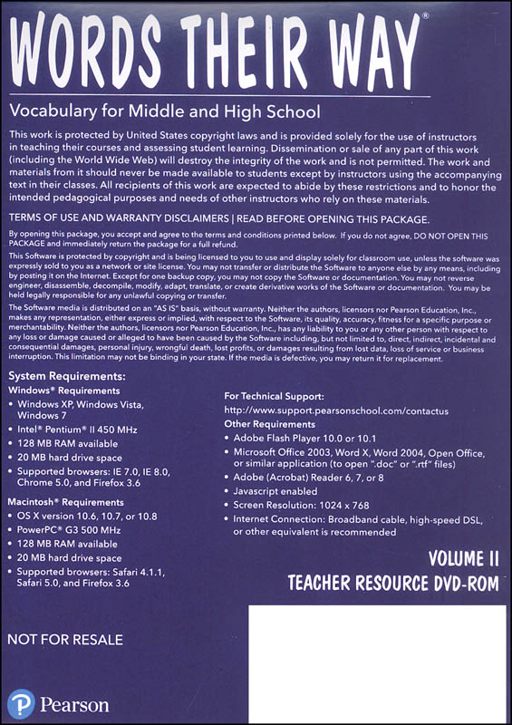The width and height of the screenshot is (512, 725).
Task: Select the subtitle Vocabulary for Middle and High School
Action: tap(164, 112)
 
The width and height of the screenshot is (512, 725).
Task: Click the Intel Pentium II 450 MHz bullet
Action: tap(89, 429)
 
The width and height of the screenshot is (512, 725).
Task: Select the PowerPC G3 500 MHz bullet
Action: tap(85, 532)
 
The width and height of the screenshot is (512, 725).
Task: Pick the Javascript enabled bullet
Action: tap(287, 490)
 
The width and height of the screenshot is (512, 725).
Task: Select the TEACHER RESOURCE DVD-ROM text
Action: tap(392, 584)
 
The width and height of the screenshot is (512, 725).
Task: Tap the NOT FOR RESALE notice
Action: tap(64, 640)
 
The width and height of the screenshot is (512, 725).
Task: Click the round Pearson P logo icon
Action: tap(21, 702)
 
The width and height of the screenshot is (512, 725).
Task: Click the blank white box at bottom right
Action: tap(377, 662)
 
